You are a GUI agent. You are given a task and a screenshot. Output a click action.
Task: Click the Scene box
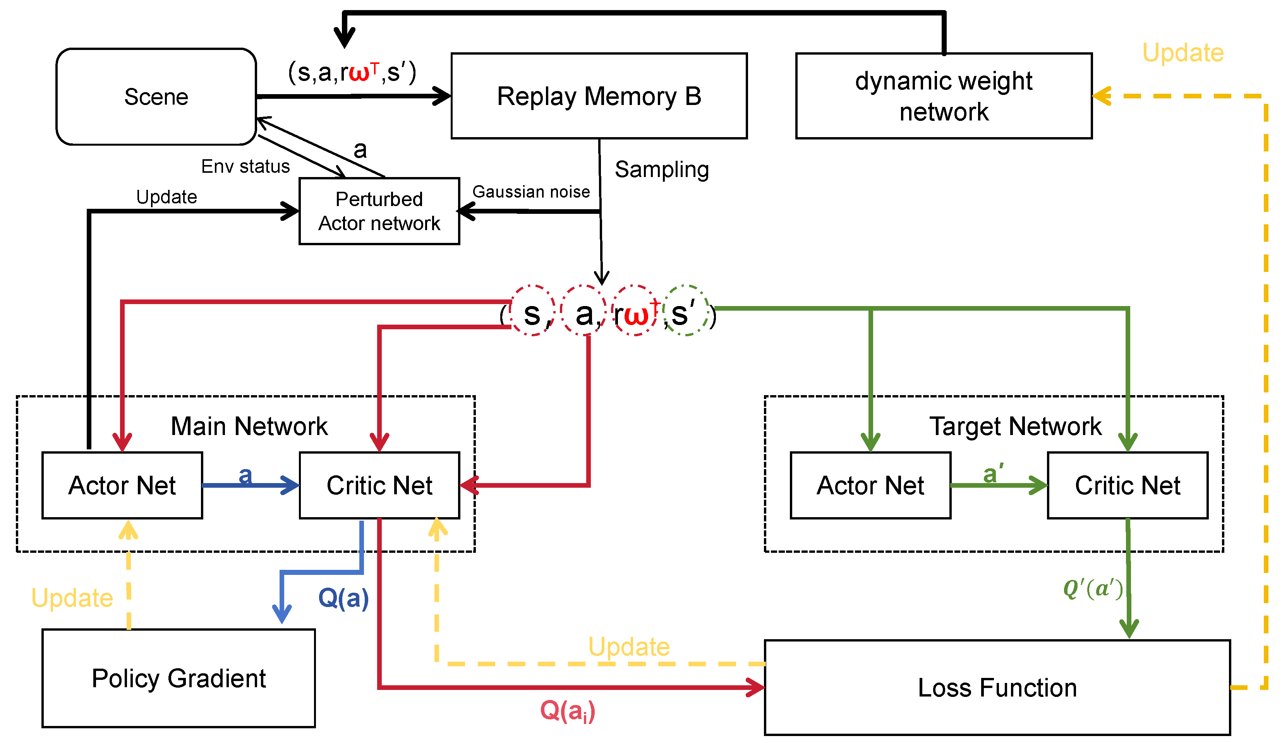point(156,97)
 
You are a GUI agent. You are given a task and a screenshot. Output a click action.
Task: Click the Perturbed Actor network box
point(379,211)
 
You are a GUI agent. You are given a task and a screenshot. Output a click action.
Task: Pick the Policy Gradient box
point(178,678)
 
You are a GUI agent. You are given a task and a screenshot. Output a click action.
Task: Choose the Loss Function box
point(997,688)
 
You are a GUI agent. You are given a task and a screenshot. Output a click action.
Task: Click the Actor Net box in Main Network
point(122,485)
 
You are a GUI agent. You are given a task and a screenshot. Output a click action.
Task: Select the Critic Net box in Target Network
point(1128,485)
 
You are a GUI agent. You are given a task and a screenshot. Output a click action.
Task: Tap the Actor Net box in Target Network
point(870,485)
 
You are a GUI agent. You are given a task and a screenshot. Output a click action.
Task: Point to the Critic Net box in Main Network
point(379,485)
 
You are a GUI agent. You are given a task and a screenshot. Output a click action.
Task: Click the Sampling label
point(661,169)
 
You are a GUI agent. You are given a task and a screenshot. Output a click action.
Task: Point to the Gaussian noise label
point(531,192)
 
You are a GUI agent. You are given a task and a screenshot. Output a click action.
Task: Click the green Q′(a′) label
point(1093,589)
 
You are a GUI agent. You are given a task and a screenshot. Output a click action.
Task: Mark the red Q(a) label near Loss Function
point(567,710)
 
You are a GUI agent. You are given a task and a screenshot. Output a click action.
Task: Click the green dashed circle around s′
point(687,310)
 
